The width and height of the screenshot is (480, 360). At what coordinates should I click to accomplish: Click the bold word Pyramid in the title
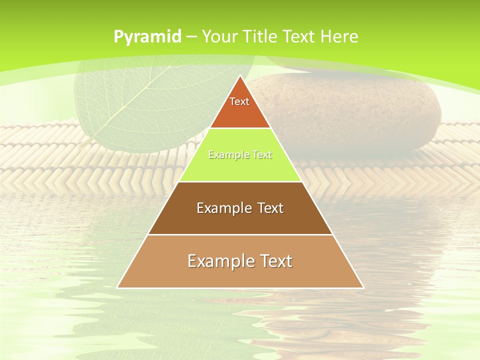[x=147, y=37]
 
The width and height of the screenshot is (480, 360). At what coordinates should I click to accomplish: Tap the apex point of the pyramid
[x=240, y=76]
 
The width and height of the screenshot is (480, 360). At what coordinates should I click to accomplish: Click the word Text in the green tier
[x=261, y=155]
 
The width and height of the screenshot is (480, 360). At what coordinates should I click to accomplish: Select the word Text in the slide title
[x=299, y=36]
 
